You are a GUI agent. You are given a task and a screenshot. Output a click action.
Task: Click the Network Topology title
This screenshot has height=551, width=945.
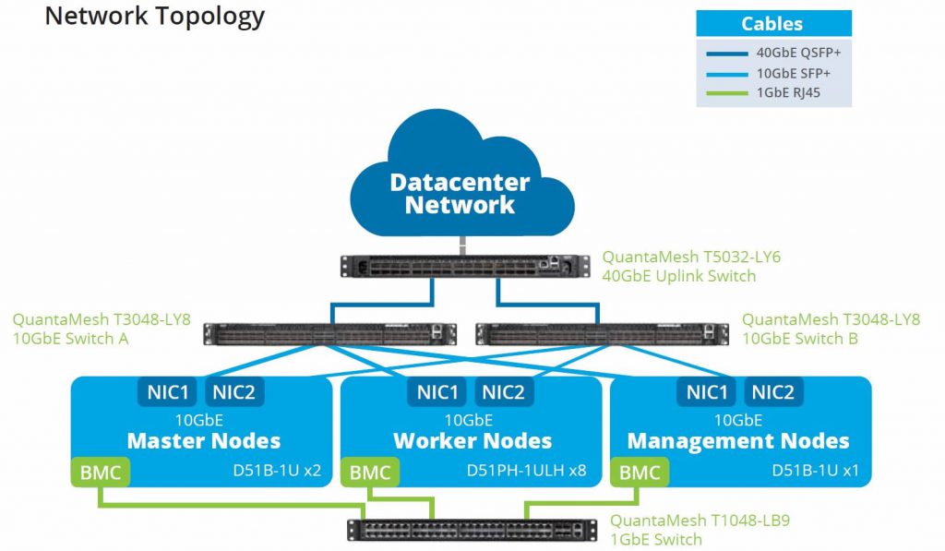point(154,16)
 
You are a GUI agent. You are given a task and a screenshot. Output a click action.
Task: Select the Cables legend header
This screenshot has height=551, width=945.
point(772,24)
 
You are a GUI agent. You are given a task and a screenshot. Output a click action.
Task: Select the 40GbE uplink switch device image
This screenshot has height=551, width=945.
point(461,266)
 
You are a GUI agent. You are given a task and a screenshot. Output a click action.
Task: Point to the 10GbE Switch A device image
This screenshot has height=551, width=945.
point(330,333)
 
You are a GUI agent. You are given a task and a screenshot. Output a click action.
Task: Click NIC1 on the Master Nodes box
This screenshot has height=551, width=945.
point(168,392)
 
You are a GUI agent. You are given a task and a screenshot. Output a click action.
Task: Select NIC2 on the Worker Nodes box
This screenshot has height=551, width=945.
point(504,392)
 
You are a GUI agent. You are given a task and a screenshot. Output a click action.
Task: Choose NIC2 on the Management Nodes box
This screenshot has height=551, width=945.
point(773,392)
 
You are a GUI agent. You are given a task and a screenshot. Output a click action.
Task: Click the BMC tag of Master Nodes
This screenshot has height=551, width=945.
point(101,473)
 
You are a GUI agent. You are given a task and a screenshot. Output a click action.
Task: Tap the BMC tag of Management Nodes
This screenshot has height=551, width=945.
point(640,473)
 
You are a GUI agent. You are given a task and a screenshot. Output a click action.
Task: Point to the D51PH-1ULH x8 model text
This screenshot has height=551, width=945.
point(526,471)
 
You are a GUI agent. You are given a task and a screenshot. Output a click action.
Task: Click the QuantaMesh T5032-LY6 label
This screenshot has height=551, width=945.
point(691,258)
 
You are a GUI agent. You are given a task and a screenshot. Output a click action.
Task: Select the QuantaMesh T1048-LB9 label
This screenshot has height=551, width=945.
point(700,521)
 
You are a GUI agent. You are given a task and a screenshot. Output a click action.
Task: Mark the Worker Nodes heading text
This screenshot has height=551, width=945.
point(472,441)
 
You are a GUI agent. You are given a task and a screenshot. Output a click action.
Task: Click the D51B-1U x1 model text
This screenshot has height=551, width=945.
point(815,471)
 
